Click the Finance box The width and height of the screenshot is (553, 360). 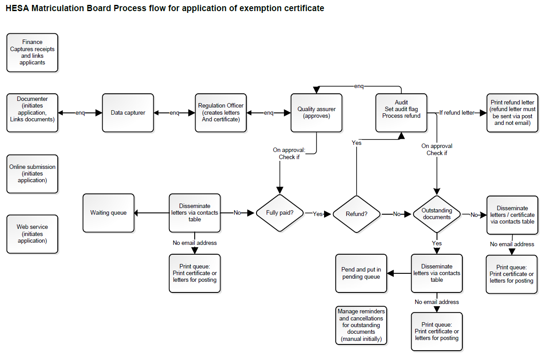pyautogui.click(x=32, y=52)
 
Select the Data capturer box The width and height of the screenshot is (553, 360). pyautogui.click(x=128, y=113)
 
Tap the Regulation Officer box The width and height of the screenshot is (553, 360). pyautogui.click(x=220, y=113)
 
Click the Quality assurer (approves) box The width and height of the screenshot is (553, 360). pyautogui.click(x=317, y=113)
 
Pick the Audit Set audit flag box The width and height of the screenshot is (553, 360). pyautogui.click(x=401, y=113)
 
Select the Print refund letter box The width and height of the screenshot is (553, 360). pyautogui.click(x=512, y=113)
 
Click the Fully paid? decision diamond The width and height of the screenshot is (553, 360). pyautogui.click(x=279, y=213)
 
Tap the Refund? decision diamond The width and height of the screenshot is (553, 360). pyautogui.click(x=357, y=214)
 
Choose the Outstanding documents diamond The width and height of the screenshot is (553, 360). pyautogui.click(x=437, y=214)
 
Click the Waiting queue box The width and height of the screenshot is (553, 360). pyautogui.click(x=108, y=213)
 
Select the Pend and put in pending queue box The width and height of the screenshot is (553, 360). pyautogui.click(x=361, y=273)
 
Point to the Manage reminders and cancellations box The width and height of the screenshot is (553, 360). pyautogui.click(x=361, y=325)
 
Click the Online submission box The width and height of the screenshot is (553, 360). pyautogui.click(x=32, y=174)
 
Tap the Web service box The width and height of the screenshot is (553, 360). pyautogui.click(x=32, y=234)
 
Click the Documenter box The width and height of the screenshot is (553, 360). pyautogui.click(x=32, y=113)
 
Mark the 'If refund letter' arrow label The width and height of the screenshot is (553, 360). pyautogui.click(x=457, y=113)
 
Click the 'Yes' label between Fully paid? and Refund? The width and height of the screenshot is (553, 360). pyautogui.click(x=317, y=214)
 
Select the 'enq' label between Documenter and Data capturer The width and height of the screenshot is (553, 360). pyautogui.click(x=80, y=113)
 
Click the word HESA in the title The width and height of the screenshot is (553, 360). pyautogui.click(x=17, y=8)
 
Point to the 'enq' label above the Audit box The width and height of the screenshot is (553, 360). pyautogui.click(x=359, y=85)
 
